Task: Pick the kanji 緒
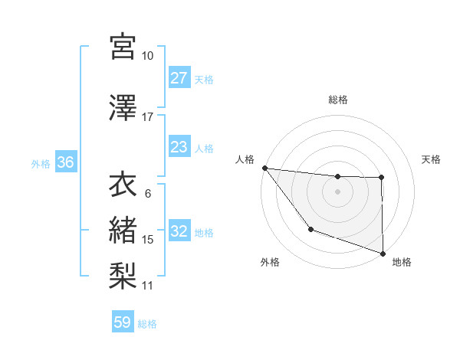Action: pos(123,228)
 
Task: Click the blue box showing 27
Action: pos(179,78)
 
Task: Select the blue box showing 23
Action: pos(179,147)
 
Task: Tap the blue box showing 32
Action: pos(179,232)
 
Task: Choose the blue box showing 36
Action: pos(65,163)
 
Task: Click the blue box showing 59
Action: pos(122,322)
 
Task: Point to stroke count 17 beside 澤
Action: pos(148,117)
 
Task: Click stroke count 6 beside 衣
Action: pos(148,193)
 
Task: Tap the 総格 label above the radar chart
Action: pos(338,100)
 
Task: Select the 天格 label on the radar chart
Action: pos(432,159)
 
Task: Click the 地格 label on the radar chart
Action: pos(402,262)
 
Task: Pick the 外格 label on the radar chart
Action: pos(270,262)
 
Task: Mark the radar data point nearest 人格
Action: pos(264,168)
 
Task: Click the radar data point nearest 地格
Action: pos(383,252)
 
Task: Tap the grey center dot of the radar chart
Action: pos(337,191)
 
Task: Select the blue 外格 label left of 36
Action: pos(41,164)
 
